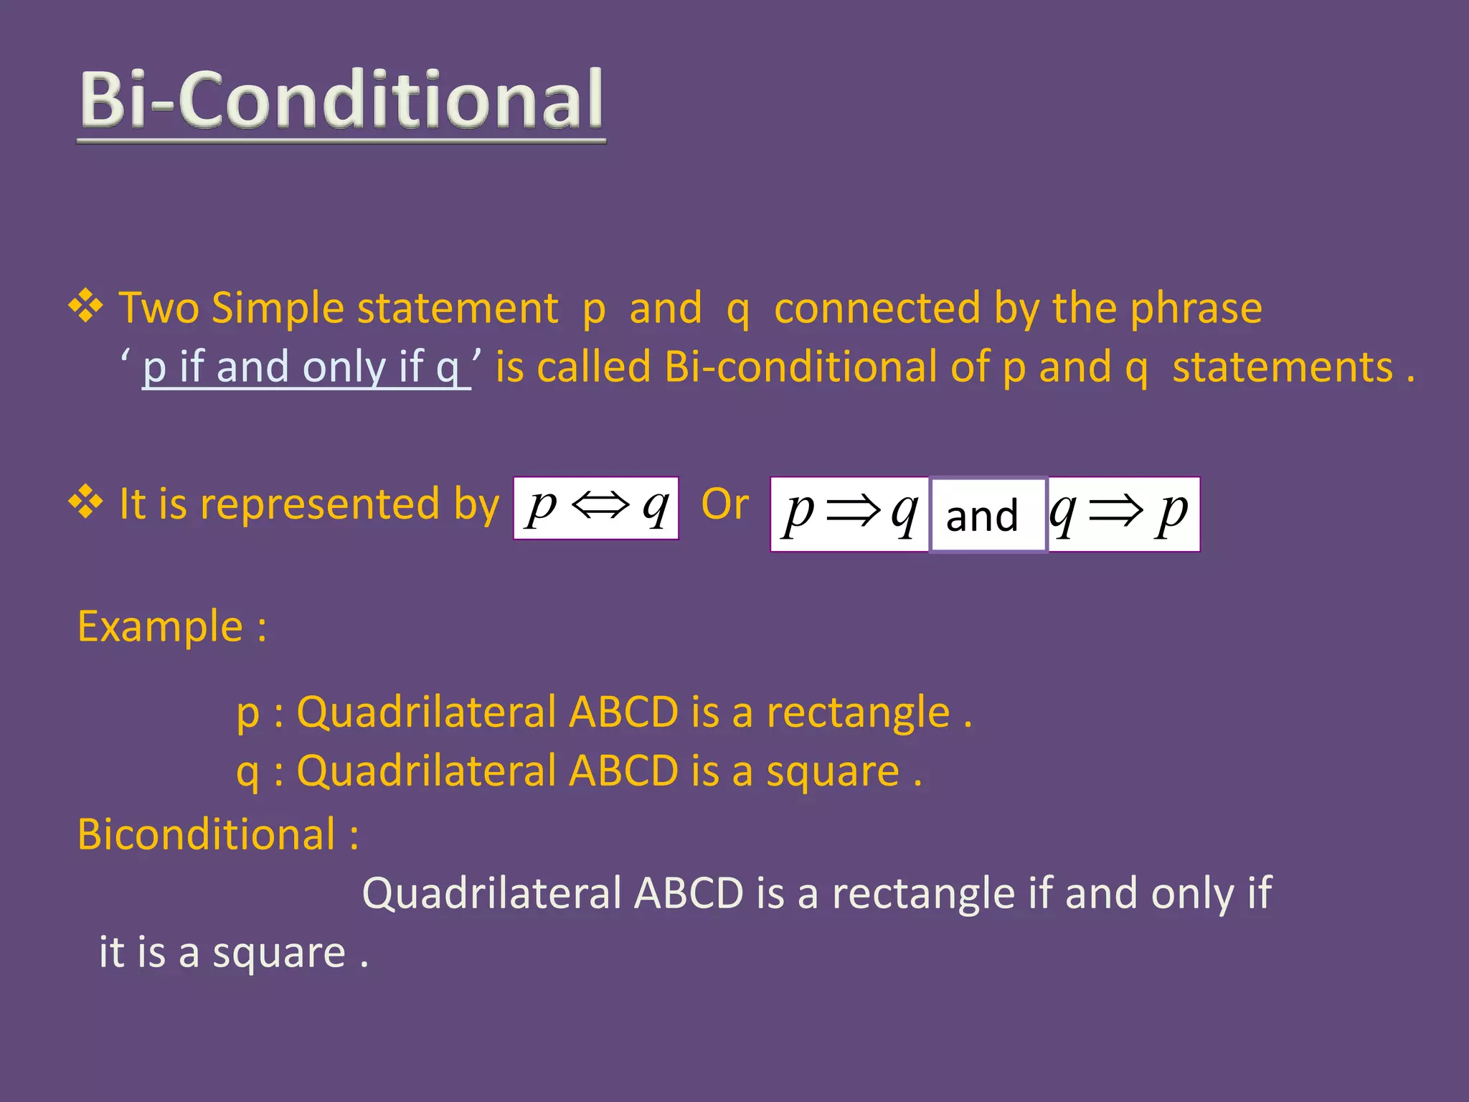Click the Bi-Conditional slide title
click(x=341, y=100)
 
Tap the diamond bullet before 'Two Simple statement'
click(x=86, y=306)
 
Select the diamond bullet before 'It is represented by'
click(x=86, y=501)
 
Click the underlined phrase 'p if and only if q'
click(x=301, y=367)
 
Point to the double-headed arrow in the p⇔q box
click(x=600, y=506)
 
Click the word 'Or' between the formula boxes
click(x=724, y=504)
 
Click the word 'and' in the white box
click(x=982, y=516)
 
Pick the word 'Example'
click(x=160, y=626)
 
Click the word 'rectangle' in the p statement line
click(x=858, y=713)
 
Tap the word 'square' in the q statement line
click(x=833, y=772)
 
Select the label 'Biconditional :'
click(x=217, y=834)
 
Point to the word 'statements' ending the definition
click(x=1283, y=367)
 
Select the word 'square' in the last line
click(x=279, y=953)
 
